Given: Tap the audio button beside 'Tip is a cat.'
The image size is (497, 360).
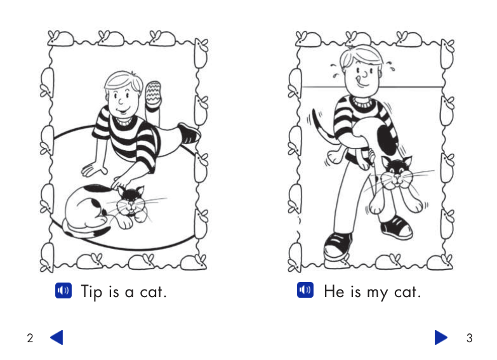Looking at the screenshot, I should tap(63, 291).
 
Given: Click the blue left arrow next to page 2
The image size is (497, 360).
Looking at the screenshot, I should tap(56, 337).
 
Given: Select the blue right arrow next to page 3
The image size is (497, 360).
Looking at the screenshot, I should tap(441, 337).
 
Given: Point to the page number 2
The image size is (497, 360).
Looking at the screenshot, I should tap(30, 338).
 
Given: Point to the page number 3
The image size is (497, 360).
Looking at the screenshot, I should tap(469, 338).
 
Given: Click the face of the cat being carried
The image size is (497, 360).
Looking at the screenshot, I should tap(396, 175).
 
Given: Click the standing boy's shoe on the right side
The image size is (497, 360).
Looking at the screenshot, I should tap(396, 227).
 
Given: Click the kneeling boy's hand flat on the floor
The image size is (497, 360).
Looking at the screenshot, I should tap(93, 170).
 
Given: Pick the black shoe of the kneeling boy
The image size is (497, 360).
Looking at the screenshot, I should tap(189, 133).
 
